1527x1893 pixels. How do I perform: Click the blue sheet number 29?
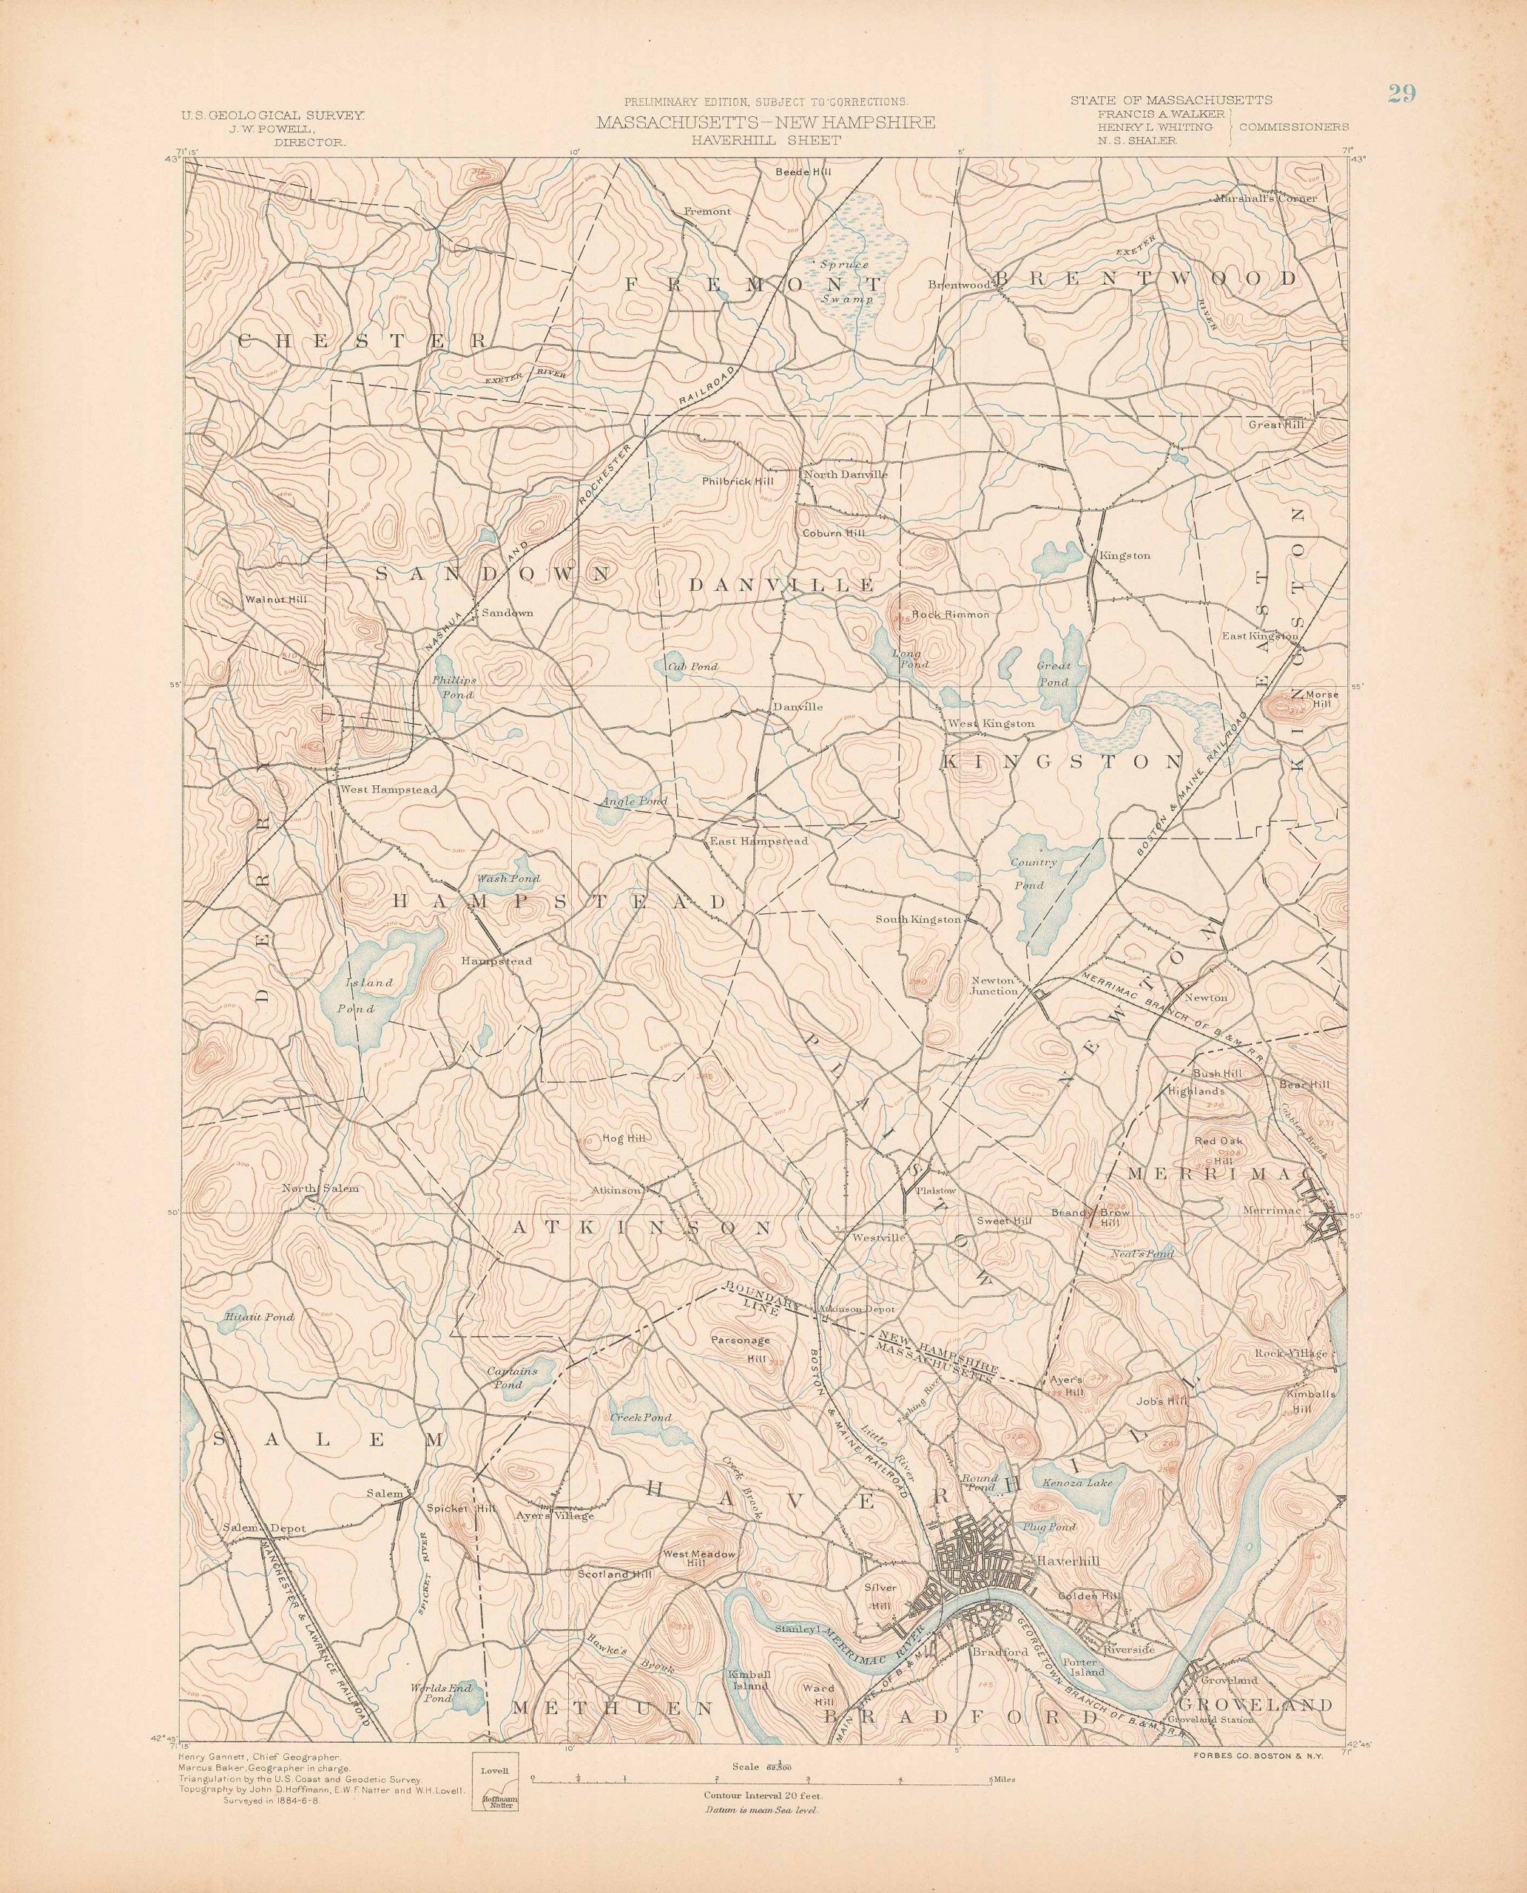point(1402,94)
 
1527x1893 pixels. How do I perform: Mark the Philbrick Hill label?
point(737,481)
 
